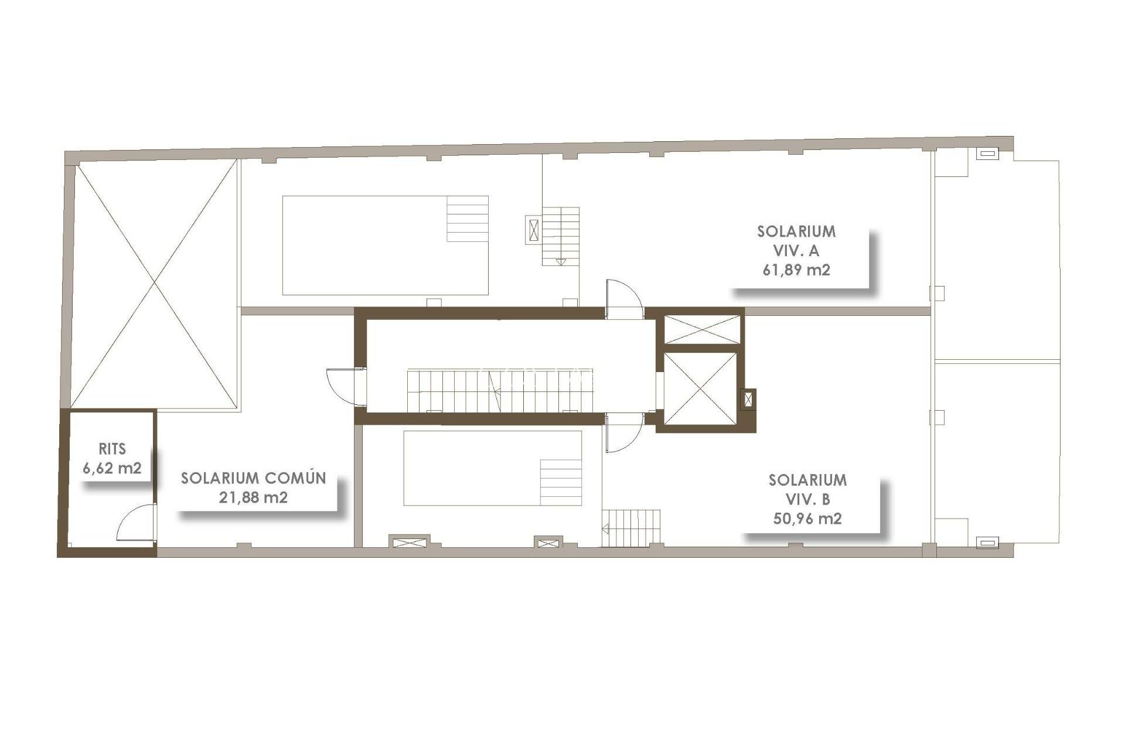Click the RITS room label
click(x=112, y=449)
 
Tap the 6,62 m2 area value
click(x=112, y=469)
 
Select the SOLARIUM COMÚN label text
click(x=253, y=478)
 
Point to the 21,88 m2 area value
click(x=253, y=497)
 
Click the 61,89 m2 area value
click(x=796, y=270)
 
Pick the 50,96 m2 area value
click(x=807, y=519)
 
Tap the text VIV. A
click(x=796, y=251)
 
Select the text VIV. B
click(x=807, y=499)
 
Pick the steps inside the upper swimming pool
click(x=468, y=219)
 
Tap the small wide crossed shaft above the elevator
click(x=701, y=329)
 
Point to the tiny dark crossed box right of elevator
click(x=748, y=400)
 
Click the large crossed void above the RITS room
click(x=155, y=284)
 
